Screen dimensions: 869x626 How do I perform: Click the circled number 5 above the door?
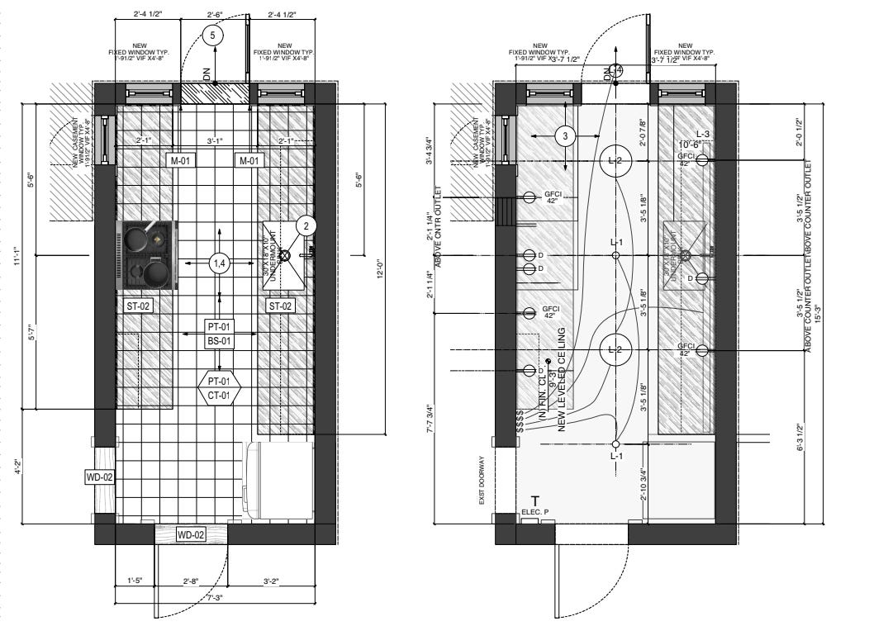pyautogui.click(x=214, y=36)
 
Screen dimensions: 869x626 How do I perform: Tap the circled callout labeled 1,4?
pyautogui.click(x=219, y=263)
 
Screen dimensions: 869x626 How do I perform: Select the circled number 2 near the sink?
pyautogui.click(x=306, y=225)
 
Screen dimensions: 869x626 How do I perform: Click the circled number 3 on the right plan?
pyautogui.click(x=565, y=136)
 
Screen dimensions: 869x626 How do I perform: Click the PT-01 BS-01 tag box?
pyautogui.click(x=218, y=333)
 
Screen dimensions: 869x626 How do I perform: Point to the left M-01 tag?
pyautogui.click(x=181, y=160)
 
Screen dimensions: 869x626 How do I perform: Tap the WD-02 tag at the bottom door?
pyautogui.click(x=192, y=535)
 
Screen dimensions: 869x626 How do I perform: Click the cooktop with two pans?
pyautogui.click(x=150, y=255)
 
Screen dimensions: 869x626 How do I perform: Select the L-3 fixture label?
pyautogui.click(x=703, y=134)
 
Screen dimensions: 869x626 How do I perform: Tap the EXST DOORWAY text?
pyautogui.click(x=479, y=479)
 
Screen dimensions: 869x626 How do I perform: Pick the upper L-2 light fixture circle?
pyautogui.click(x=615, y=160)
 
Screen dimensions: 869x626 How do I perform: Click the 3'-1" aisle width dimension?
pyautogui.click(x=214, y=141)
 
